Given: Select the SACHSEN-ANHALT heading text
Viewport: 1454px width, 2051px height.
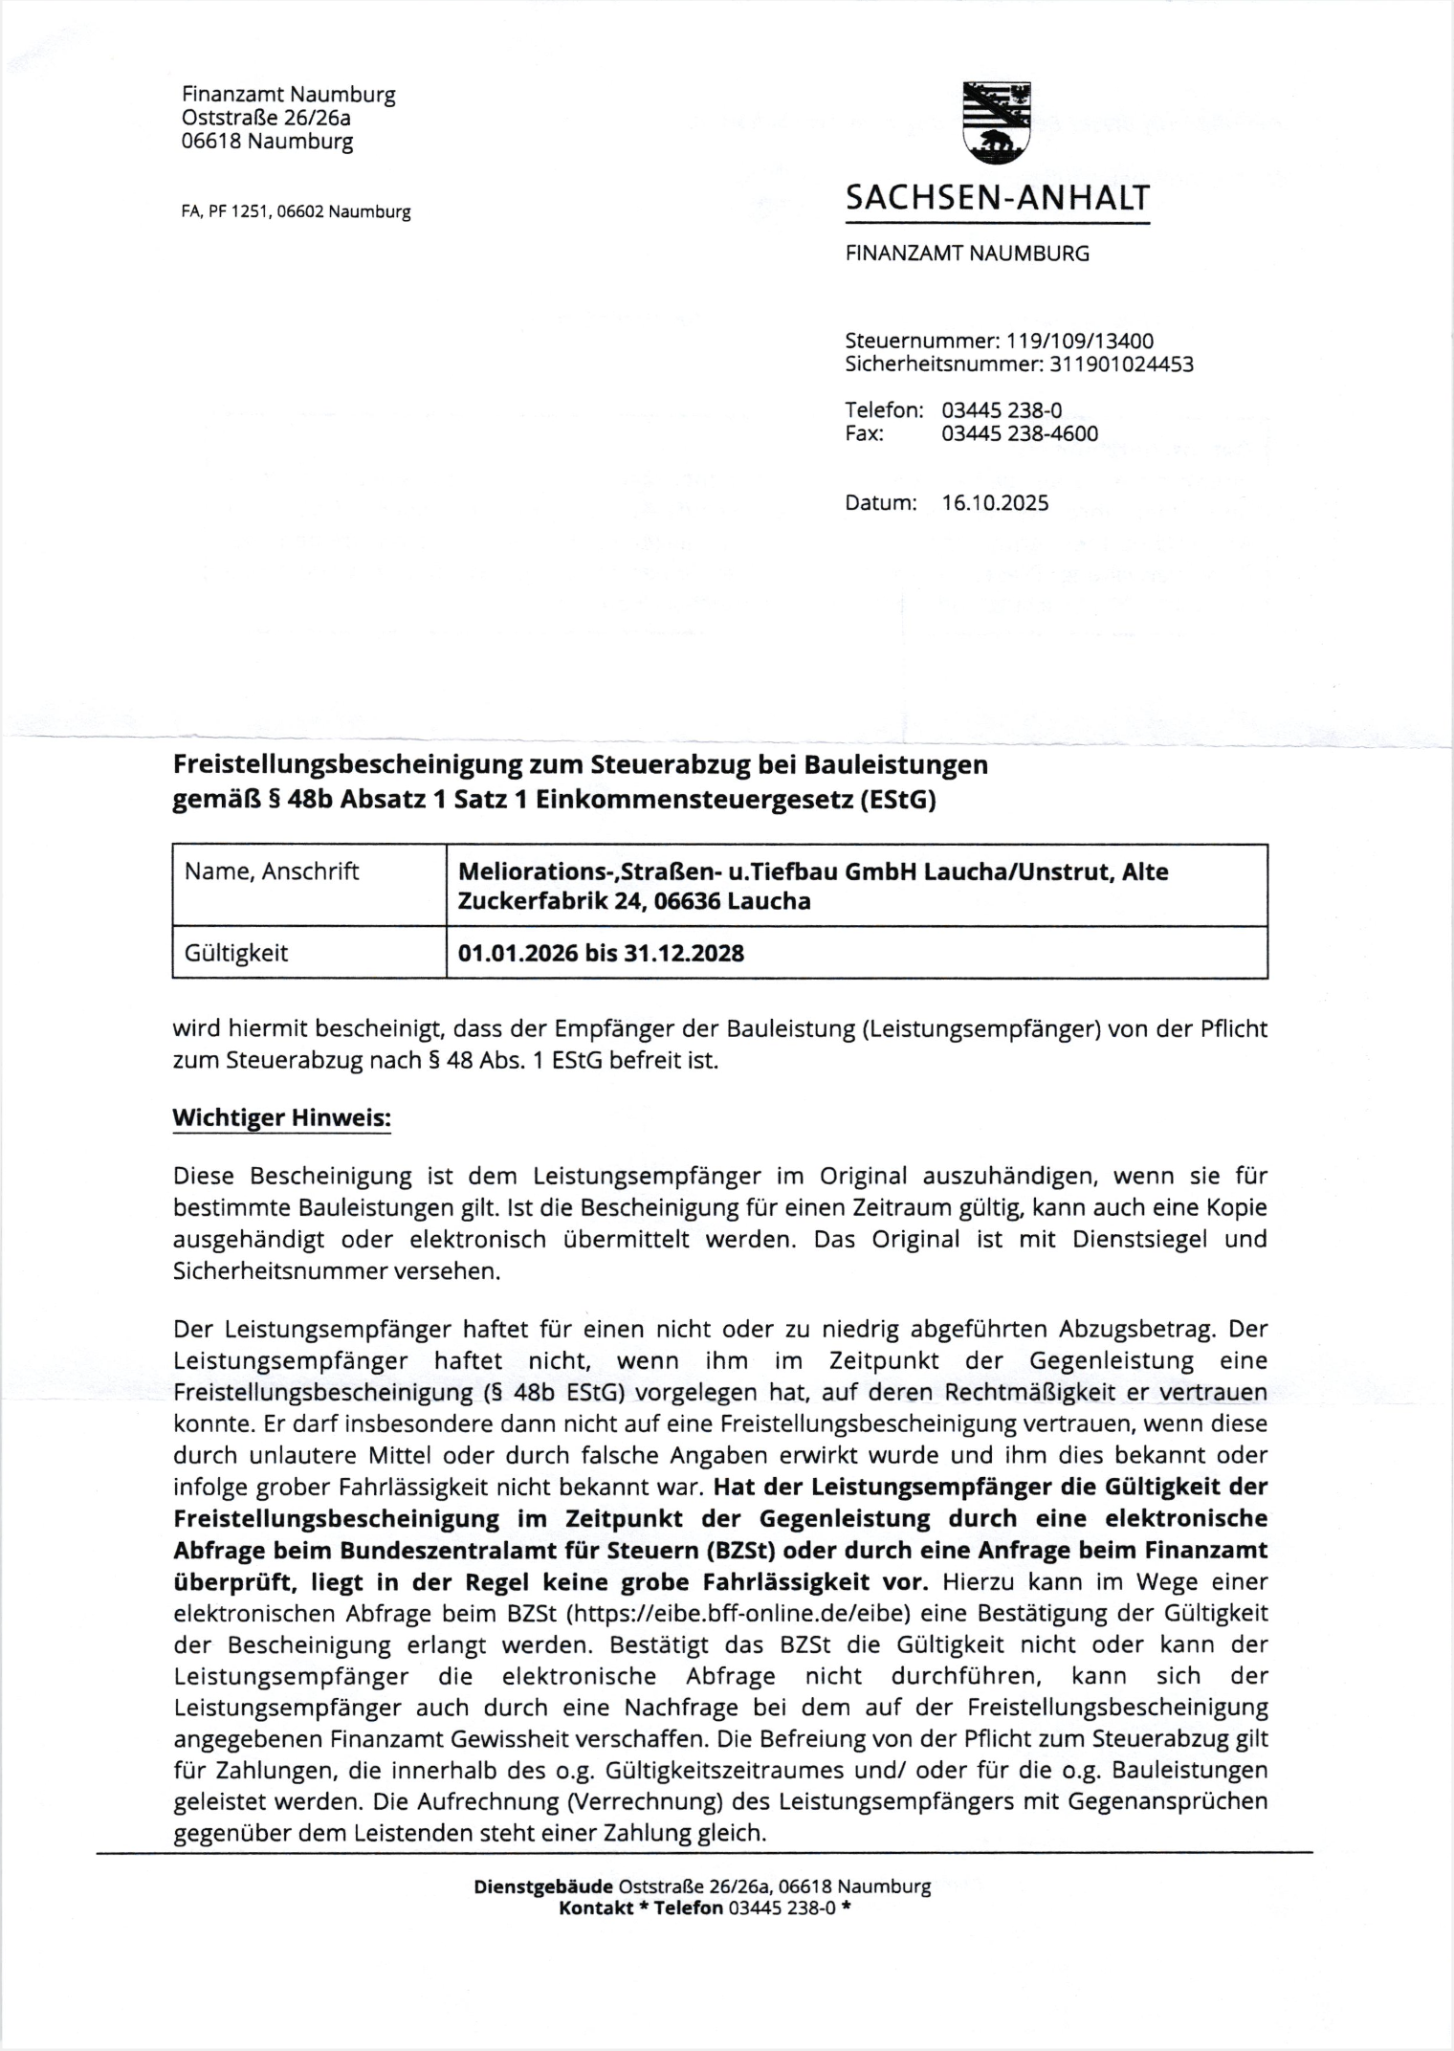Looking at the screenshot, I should pyautogui.click(x=997, y=197).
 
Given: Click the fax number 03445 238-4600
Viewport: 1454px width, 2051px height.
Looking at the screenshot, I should pyautogui.click(x=1020, y=433).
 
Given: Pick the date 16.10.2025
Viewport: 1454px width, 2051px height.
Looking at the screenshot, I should pyautogui.click(x=995, y=503).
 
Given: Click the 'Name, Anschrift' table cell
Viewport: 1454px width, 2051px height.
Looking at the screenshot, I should pyautogui.click(x=272, y=871).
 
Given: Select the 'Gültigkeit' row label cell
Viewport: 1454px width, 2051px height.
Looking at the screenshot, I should pyautogui.click(x=236, y=953).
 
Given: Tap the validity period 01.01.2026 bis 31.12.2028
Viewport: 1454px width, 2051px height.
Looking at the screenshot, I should pyautogui.click(x=601, y=953).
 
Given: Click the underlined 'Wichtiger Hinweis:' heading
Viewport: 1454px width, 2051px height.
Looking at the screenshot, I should pyautogui.click(x=282, y=1118).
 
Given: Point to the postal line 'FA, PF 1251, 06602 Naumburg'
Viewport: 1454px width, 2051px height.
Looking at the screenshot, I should pyautogui.click(x=296, y=212).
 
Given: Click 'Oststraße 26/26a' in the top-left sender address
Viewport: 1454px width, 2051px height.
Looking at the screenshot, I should pyautogui.click(x=266, y=119).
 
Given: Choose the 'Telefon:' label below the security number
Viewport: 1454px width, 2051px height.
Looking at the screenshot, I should pyautogui.click(x=884, y=410).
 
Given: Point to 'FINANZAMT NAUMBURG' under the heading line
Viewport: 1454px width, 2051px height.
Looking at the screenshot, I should pyautogui.click(x=967, y=254).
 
